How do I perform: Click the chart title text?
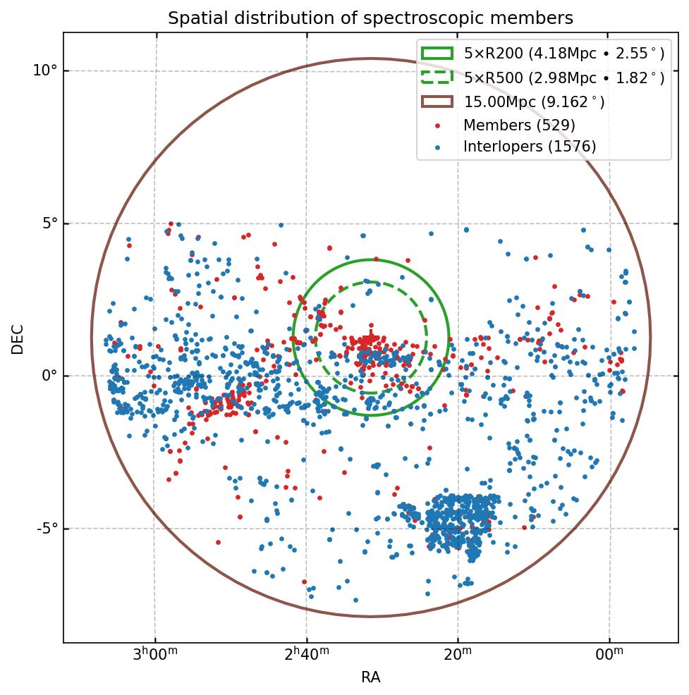click(x=370, y=18)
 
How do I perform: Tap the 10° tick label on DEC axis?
click(x=44, y=70)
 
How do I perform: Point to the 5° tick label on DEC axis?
click(x=47, y=223)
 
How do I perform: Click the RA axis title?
click(x=370, y=677)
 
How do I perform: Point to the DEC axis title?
click(x=18, y=338)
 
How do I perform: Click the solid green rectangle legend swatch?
click(x=437, y=53)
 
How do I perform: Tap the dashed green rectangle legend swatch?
click(x=437, y=77)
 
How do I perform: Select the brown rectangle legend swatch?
click(x=437, y=102)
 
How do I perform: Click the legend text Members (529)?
click(x=519, y=125)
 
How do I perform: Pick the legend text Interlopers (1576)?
click(x=530, y=147)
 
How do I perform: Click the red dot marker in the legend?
click(x=437, y=126)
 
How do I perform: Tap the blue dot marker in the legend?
click(x=437, y=147)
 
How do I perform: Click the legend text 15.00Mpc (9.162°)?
click(x=534, y=102)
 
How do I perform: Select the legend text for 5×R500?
click(x=563, y=78)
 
